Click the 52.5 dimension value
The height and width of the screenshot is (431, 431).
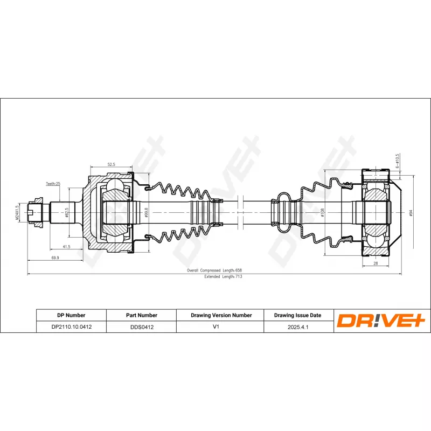pyautogui.click(x=112, y=164)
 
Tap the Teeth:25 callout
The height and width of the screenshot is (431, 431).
pyautogui.click(x=53, y=184)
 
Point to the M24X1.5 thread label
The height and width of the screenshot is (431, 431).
pyautogui.click(x=17, y=213)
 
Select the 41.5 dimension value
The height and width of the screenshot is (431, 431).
pyautogui.click(x=66, y=246)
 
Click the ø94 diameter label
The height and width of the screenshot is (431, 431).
pyautogui.click(x=411, y=213)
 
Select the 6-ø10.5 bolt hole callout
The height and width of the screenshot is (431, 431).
pyautogui.click(x=397, y=161)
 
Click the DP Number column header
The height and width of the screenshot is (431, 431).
pyautogui.click(x=71, y=315)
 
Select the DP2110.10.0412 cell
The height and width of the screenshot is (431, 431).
pyautogui.click(x=71, y=326)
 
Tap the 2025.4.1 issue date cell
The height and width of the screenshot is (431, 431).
pyautogui.click(x=297, y=326)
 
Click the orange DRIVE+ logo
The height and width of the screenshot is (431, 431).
pyautogui.click(x=381, y=321)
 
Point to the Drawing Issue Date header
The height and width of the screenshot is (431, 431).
pyautogui.click(x=297, y=315)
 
